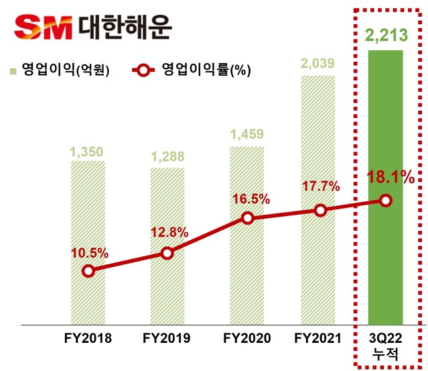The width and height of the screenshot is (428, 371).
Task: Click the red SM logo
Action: [44, 27]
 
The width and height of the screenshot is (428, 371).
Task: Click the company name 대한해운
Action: [121, 27]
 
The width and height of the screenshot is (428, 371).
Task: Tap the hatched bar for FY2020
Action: [247, 188]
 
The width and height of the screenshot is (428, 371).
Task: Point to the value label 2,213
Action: [385, 35]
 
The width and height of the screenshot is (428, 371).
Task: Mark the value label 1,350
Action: [88, 151]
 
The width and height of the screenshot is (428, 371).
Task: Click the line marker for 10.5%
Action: [88, 272]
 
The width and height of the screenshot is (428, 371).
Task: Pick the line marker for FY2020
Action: [247, 218]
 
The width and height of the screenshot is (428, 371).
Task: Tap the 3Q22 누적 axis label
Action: [385, 345]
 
